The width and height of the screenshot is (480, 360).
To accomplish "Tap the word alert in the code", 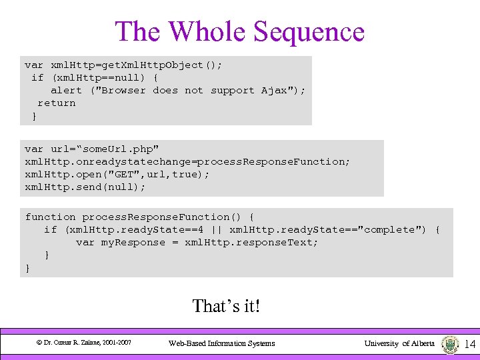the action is [x=66, y=90].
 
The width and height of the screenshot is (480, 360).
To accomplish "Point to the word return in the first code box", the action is [x=56, y=103].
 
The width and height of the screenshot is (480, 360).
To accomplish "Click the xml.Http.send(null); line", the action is [x=85, y=187].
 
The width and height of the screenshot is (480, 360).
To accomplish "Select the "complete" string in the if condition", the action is [x=393, y=229].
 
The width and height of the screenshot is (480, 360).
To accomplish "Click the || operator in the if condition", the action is [x=216, y=229].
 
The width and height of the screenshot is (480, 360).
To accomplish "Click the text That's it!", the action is [x=226, y=306].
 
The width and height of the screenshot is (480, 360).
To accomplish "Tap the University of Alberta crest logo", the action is [x=450, y=344].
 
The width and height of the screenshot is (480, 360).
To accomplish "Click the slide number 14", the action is [x=469, y=344].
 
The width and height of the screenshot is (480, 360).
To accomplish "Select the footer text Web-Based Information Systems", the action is [x=221, y=343].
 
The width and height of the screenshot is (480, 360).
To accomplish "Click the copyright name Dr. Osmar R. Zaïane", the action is [x=73, y=343].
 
